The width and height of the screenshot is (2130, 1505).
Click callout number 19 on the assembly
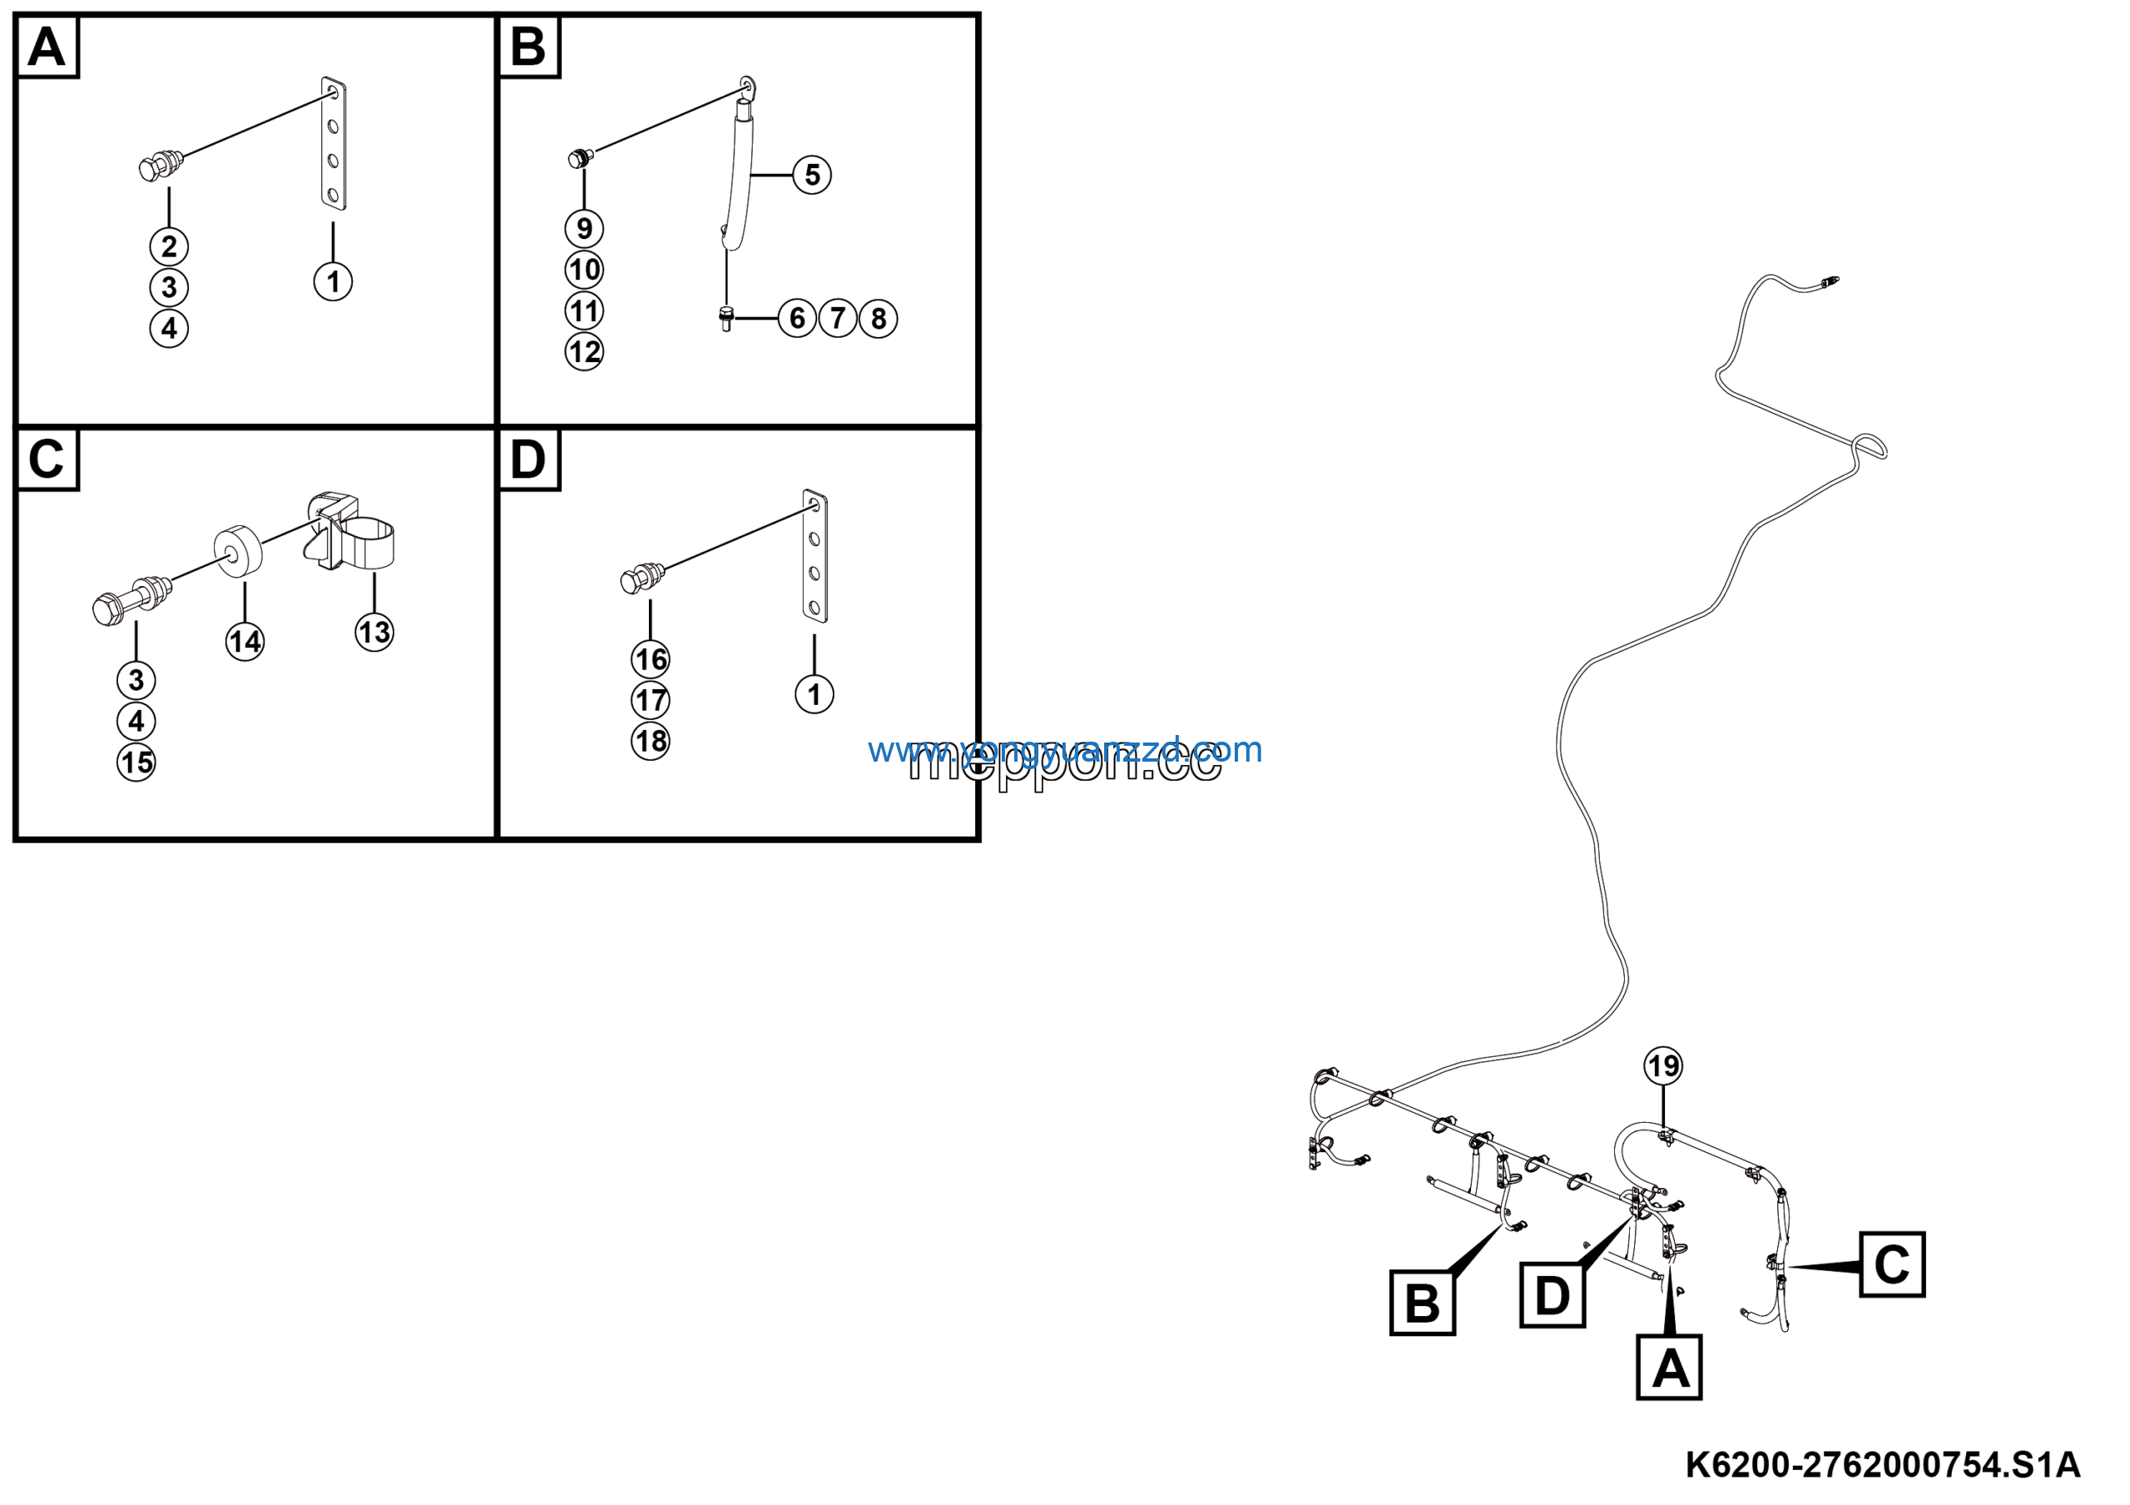1662,1065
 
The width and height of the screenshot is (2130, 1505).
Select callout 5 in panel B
812,175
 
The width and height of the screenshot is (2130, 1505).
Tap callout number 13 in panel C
374,633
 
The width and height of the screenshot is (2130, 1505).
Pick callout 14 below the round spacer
245,642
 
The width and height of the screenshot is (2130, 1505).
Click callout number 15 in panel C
136,762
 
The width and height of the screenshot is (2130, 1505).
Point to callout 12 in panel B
583,351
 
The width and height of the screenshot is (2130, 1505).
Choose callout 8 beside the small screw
878,318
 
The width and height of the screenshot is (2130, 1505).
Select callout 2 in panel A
169,247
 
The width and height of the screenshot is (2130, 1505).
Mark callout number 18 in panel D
651,742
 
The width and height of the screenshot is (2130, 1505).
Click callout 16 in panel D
651,660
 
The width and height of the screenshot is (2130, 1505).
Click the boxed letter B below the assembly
1421,1303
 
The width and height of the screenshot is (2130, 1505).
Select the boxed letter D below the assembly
1552,1295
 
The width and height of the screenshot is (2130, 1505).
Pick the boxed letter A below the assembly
1669,1368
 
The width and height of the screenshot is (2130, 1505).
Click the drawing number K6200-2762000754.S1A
1882,1465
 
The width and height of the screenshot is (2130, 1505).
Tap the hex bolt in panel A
159,166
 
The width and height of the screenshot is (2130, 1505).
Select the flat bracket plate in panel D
815,556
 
